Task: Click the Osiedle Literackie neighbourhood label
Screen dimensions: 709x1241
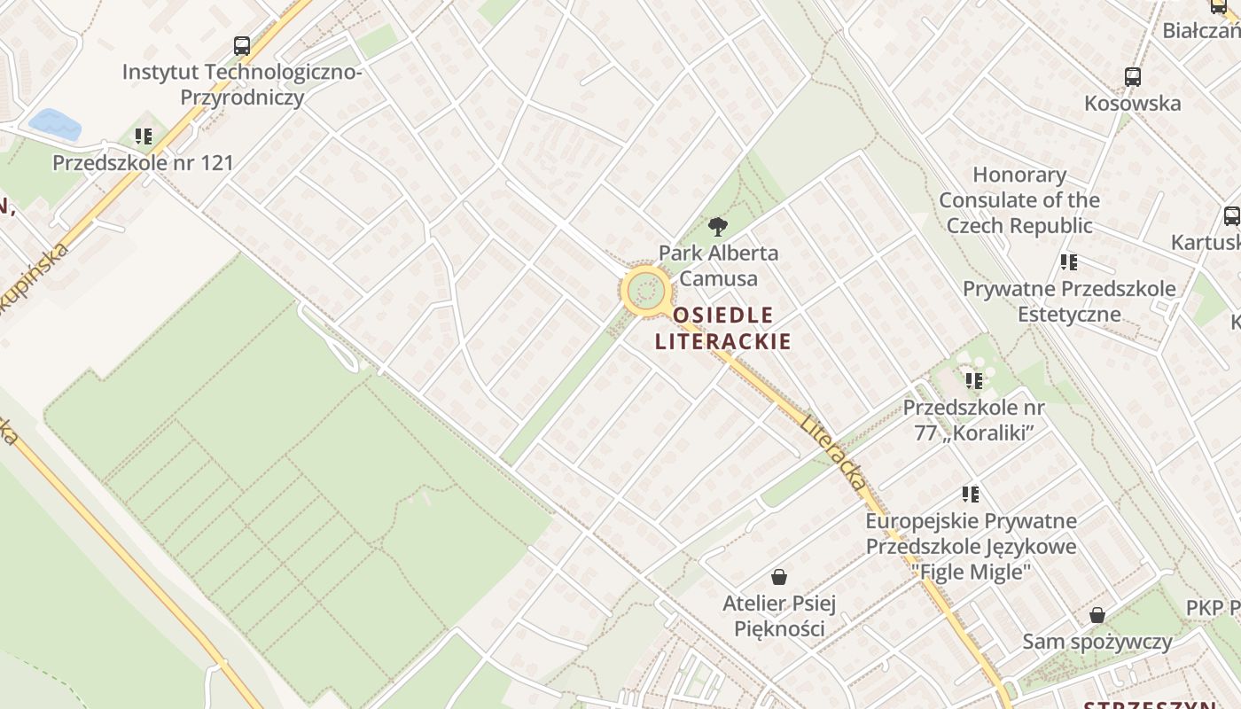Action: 722,328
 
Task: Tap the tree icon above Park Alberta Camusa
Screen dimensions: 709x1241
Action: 717,227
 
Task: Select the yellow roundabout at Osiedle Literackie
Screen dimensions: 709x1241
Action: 645,290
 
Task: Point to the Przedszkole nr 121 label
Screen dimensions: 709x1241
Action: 143,163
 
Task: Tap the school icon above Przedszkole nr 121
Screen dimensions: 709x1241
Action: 144,136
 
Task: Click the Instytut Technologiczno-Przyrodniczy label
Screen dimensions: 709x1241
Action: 242,84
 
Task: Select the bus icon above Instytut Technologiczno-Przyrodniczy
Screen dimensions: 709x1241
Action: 242,46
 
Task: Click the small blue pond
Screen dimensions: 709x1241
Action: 55,124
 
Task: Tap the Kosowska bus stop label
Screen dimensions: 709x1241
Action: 1133,104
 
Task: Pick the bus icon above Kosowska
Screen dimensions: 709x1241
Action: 1133,77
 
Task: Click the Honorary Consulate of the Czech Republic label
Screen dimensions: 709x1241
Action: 1019,200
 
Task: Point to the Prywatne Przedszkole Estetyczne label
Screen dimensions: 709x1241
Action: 1069,301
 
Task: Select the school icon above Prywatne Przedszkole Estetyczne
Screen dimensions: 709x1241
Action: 1069,262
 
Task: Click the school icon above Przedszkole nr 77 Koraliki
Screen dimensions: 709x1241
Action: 974,381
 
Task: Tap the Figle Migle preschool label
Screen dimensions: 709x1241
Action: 972,546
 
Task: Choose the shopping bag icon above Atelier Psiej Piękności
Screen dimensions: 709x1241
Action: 779,578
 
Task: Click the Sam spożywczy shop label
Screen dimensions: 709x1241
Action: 1097,642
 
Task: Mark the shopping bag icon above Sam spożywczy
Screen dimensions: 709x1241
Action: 1097,615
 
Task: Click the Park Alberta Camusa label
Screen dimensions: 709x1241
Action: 718,266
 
